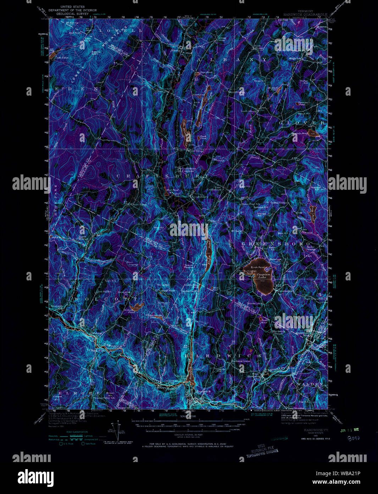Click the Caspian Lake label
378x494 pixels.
(264, 276)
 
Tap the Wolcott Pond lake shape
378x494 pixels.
(135, 306)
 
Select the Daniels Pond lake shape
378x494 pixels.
(314, 134)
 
